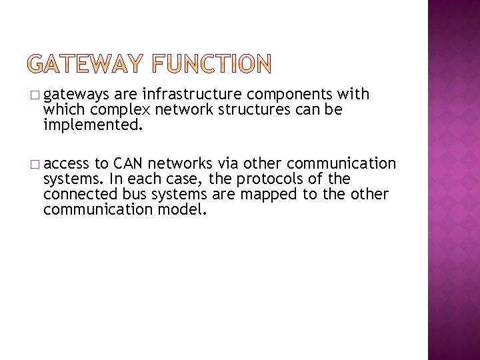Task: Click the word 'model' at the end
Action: (x=185, y=209)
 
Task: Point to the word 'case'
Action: (x=185, y=179)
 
